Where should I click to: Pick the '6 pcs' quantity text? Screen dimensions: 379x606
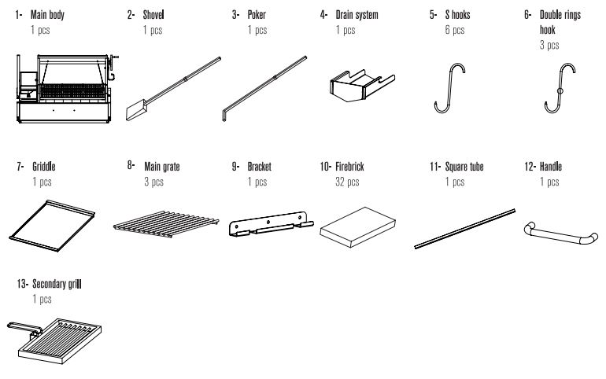click(454, 30)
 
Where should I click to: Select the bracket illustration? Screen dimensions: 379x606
click(264, 226)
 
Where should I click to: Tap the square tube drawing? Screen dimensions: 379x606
click(464, 228)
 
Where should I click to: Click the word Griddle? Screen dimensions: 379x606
click(44, 167)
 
